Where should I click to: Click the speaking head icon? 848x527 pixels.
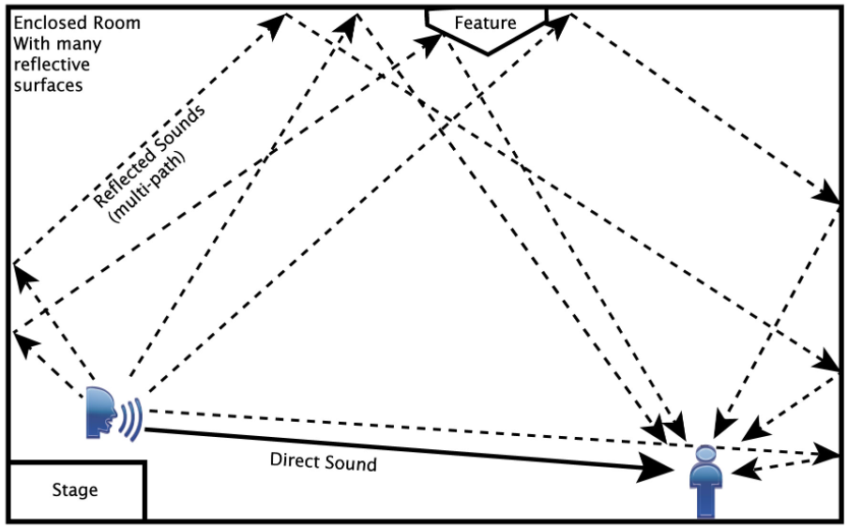(x=101, y=413)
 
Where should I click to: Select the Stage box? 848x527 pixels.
(x=75, y=489)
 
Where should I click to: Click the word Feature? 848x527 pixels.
(x=485, y=22)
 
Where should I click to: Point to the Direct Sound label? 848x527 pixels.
(x=323, y=462)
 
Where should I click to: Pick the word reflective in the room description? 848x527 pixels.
(x=53, y=65)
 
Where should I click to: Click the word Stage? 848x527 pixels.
(x=74, y=490)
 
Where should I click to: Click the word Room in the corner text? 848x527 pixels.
(x=116, y=23)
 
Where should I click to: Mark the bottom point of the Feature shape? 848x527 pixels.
(x=485, y=51)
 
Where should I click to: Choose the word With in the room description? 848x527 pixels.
(x=30, y=44)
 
